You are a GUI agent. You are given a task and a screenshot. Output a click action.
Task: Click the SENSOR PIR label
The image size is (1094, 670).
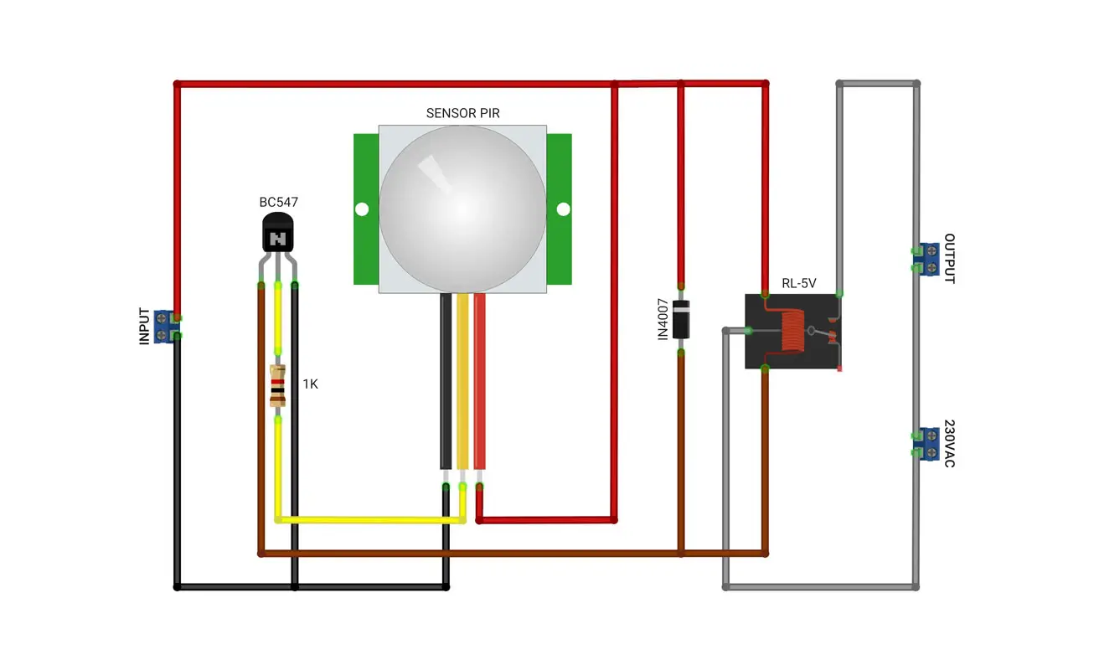[x=462, y=113]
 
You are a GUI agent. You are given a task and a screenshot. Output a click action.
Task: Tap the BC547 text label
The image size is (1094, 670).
[x=278, y=202]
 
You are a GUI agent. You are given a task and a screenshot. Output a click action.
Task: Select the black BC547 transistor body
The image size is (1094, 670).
[x=278, y=233]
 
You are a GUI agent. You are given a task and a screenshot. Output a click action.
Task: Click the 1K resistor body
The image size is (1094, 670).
[x=277, y=386]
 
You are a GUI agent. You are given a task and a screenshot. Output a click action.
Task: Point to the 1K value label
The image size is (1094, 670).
[x=310, y=384]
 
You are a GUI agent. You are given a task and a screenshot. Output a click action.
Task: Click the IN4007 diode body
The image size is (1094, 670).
[x=681, y=320]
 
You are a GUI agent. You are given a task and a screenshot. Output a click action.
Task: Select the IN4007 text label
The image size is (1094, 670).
[x=663, y=319]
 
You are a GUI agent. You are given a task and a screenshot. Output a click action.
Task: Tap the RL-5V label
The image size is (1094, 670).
[x=798, y=283]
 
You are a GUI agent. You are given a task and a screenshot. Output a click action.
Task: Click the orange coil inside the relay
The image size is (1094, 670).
[x=792, y=331]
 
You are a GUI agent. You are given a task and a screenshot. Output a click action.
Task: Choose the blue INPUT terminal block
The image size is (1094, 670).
[x=164, y=327]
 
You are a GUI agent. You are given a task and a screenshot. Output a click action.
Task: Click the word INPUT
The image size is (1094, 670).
[x=144, y=327]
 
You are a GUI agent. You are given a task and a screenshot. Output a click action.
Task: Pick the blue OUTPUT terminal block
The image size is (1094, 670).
[x=928, y=260]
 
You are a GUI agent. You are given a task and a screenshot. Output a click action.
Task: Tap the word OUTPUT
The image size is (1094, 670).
[x=949, y=258]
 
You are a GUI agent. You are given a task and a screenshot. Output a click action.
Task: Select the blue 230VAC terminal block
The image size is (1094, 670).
[x=928, y=445]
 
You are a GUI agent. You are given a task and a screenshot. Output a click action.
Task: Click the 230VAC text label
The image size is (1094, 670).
[x=949, y=443]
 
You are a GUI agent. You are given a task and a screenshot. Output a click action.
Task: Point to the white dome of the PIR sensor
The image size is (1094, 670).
[x=462, y=209]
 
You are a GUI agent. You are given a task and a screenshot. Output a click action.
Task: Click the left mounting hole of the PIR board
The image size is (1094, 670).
[x=362, y=209]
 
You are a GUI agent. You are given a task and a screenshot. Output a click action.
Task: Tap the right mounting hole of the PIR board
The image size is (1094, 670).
[x=563, y=209]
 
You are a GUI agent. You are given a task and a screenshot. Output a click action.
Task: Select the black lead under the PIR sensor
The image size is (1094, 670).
[x=446, y=381]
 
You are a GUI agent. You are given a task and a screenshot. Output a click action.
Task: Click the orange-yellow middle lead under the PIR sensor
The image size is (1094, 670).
[x=462, y=381]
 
